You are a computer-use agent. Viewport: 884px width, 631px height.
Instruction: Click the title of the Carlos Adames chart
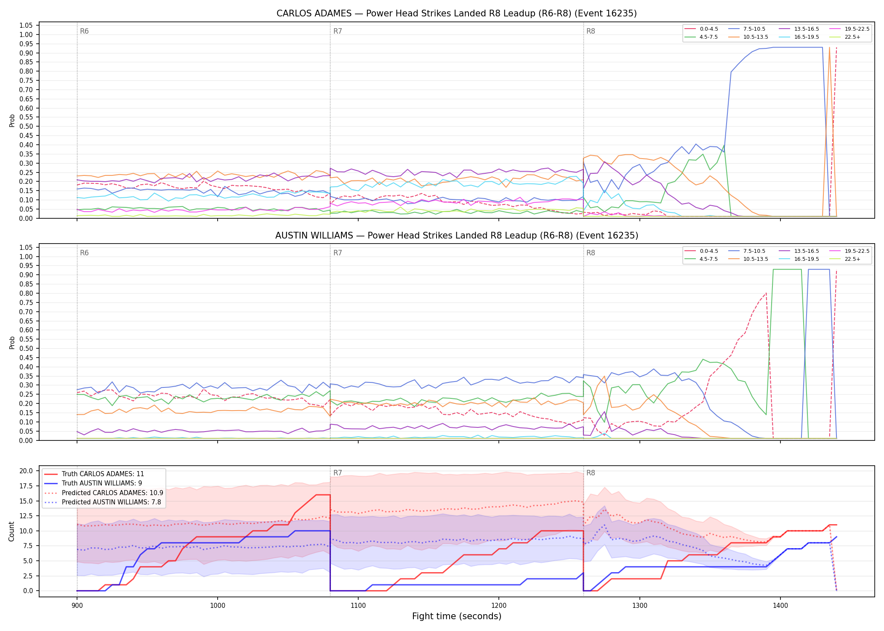457,13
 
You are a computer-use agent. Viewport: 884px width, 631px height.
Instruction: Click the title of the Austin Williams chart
457,236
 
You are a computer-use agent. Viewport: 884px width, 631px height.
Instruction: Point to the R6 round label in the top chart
84,32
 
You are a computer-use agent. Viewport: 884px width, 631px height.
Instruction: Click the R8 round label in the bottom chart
591,473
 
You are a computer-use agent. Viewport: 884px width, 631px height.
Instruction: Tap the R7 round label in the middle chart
338,253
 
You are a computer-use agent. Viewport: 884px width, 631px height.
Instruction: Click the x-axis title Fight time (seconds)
457,616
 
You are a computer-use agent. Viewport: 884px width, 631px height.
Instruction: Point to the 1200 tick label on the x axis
499,606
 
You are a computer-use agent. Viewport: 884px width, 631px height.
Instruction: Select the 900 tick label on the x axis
77,606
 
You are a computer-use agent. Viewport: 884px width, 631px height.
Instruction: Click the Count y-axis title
11,531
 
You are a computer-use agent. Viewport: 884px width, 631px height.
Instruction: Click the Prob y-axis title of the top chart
12,120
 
